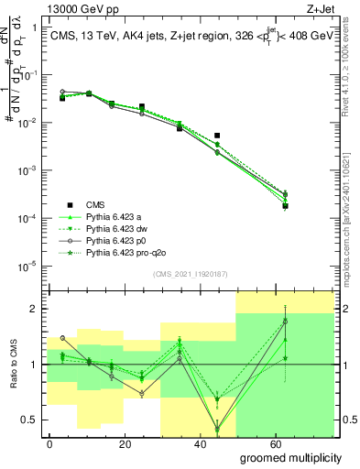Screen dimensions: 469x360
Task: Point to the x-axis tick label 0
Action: pos(50,444)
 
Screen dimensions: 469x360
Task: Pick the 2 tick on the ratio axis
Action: pos(34,309)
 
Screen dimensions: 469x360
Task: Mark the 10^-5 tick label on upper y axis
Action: pos(28,267)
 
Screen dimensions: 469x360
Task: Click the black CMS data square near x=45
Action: pos(217,136)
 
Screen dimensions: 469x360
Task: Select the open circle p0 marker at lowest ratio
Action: pos(217,429)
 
